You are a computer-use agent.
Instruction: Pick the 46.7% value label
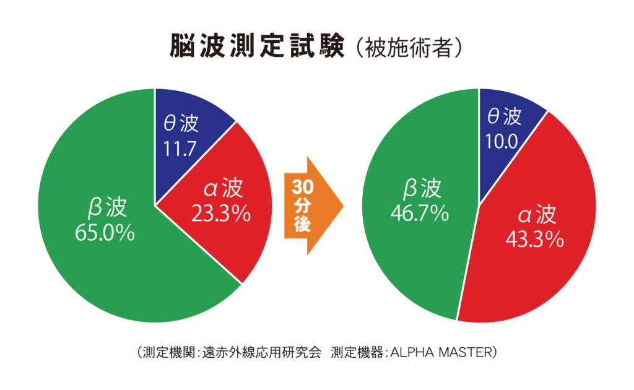click(419, 214)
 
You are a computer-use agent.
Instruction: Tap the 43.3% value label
click(534, 238)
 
